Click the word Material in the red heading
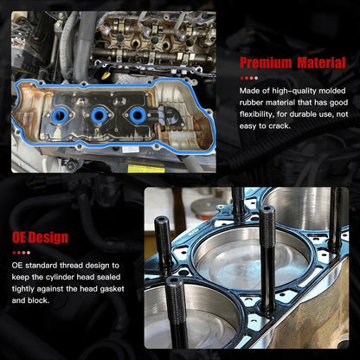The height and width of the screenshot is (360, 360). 321,63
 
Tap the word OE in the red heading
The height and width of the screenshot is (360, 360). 19,237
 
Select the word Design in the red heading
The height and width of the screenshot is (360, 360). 48,237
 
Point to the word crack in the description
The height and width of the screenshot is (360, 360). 280,126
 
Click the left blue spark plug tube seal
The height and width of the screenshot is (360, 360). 61,116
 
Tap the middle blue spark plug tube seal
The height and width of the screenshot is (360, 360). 99,115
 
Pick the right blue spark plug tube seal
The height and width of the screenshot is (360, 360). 138,115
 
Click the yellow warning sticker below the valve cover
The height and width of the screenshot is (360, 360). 146,169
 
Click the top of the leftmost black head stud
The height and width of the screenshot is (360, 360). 162,221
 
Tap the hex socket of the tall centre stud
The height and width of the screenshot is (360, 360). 267,208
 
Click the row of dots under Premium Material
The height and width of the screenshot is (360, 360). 249,78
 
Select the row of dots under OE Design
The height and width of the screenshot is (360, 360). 22,253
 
